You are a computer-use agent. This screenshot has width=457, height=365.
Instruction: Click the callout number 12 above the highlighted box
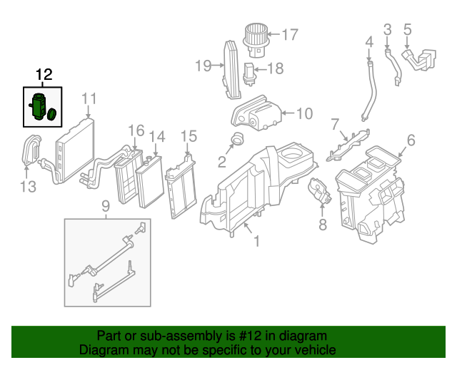44,75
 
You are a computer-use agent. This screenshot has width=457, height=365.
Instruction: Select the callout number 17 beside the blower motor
289,34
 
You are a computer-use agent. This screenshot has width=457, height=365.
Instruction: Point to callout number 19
204,66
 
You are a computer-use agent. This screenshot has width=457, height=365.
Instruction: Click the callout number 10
303,113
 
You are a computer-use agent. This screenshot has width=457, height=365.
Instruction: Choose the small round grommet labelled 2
238,138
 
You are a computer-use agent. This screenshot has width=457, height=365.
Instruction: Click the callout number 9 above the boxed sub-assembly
105,207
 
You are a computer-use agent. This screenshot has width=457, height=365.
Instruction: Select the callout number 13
27,187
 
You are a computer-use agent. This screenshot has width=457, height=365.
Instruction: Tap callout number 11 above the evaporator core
89,98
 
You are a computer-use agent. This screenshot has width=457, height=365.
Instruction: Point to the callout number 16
136,130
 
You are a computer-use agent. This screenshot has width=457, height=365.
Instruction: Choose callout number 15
189,135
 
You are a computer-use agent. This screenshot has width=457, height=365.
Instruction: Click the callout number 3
388,29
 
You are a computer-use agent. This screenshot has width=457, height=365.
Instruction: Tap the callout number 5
408,29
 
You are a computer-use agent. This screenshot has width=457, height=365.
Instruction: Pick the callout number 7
334,126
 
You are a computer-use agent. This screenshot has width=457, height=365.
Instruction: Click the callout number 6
411,140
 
